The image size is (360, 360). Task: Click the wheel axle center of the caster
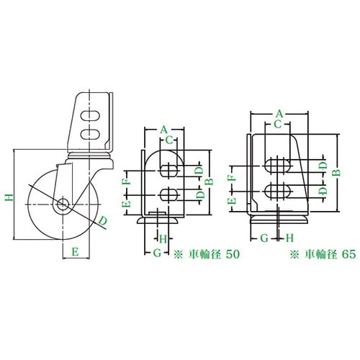pyautogui.click(x=63, y=204)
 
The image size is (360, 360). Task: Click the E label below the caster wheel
pyautogui.click(x=74, y=251)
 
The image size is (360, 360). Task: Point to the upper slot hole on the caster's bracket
pyautogui.click(x=91, y=115)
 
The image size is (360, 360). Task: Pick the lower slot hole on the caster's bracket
pyautogui.click(x=91, y=133)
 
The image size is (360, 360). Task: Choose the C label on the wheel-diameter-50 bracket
pyautogui.click(x=168, y=140)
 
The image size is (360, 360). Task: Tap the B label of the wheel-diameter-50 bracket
pyautogui.click(x=209, y=181)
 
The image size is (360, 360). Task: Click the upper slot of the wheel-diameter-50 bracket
pyautogui.click(x=170, y=171)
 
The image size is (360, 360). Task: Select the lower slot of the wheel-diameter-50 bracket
pyautogui.click(x=170, y=194)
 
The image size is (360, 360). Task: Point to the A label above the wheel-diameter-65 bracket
pyautogui.click(x=279, y=113)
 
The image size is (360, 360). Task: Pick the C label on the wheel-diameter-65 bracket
pyautogui.click(x=277, y=125)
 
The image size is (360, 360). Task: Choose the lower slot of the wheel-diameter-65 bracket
pyautogui.click(x=278, y=189)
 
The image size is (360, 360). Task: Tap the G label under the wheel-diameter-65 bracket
pyautogui.click(x=265, y=237)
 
